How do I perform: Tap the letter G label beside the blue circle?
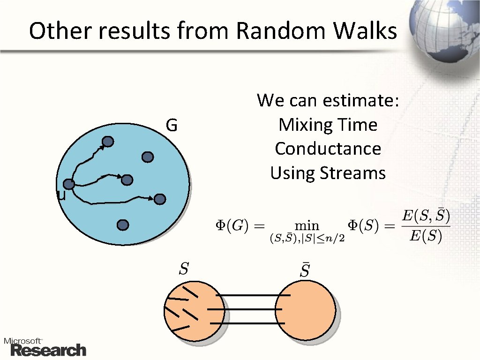tap(171, 126)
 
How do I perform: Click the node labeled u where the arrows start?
tap(69, 184)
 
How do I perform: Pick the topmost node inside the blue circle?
tap(108, 142)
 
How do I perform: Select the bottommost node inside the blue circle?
tap(123, 225)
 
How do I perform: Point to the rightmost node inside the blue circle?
tap(160, 199)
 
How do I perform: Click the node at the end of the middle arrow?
tap(127, 180)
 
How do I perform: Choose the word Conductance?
tap(328, 149)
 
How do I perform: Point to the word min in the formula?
tap(307, 225)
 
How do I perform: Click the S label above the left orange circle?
tap(184, 269)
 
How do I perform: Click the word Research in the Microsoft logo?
tap(48, 350)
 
